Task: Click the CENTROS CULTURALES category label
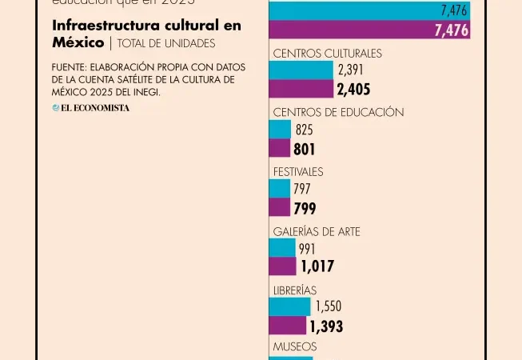pos(327,54)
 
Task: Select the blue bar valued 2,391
pos(301,70)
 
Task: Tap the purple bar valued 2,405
pos(301,89)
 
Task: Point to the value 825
pos(304,130)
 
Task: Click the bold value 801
pos(305,149)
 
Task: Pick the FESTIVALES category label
pos(298,172)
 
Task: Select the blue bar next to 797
pos(280,189)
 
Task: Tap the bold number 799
pos(305,208)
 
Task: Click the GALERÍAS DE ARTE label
pos(317,231)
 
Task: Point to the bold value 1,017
pos(317,266)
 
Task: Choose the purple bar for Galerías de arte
pos(282,266)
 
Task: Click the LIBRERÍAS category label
pos(295,290)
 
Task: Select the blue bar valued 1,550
pos(289,306)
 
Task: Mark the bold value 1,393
pos(326,326)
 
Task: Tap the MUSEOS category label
pos(295,347)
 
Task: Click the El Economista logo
pos(91,108)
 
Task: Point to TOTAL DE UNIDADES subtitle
pos(166,43)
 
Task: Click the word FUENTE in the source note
pos(70,67)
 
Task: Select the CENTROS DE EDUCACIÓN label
pos(338,113)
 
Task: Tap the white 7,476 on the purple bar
pos(452,30)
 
